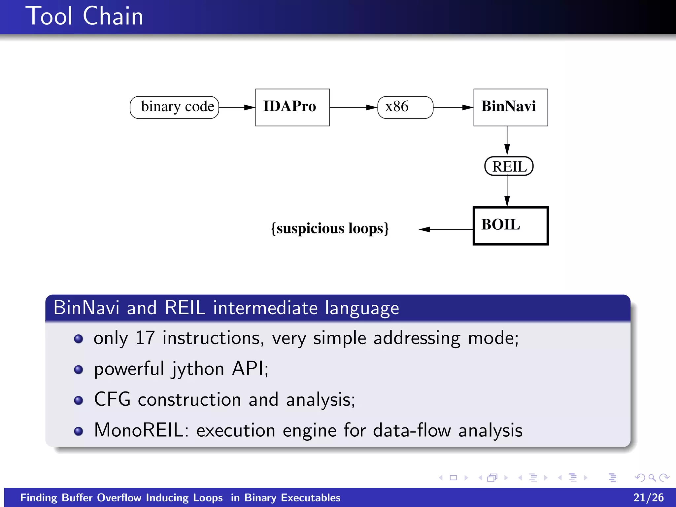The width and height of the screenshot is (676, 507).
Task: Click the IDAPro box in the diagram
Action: point(292,107)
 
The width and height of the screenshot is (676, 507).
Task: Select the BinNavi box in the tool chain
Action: point(510,107)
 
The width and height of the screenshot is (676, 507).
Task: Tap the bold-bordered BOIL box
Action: point(510,226)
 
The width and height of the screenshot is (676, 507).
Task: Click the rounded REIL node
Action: point(509,166)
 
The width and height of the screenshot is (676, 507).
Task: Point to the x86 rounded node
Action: point(405,107)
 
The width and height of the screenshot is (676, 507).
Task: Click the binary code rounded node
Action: point(175,107)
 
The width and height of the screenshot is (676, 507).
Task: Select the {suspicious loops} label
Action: point(330,228)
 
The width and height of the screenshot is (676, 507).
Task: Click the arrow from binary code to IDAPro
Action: point(237,108)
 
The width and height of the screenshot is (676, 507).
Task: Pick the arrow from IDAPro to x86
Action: point(353,108)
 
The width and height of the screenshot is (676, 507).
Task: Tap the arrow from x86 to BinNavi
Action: point(453,108)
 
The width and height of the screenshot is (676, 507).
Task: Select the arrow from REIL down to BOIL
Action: point(507,191)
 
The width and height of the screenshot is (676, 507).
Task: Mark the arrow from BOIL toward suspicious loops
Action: point(446,229)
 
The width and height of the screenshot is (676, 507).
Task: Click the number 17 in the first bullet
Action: point(145,338)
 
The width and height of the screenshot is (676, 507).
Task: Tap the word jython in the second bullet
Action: point(197,369)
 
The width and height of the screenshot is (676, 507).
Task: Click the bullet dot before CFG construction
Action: point(79,400)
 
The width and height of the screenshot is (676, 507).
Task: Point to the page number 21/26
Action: point(648,497)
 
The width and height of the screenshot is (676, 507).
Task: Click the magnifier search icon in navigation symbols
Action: point(652,478)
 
